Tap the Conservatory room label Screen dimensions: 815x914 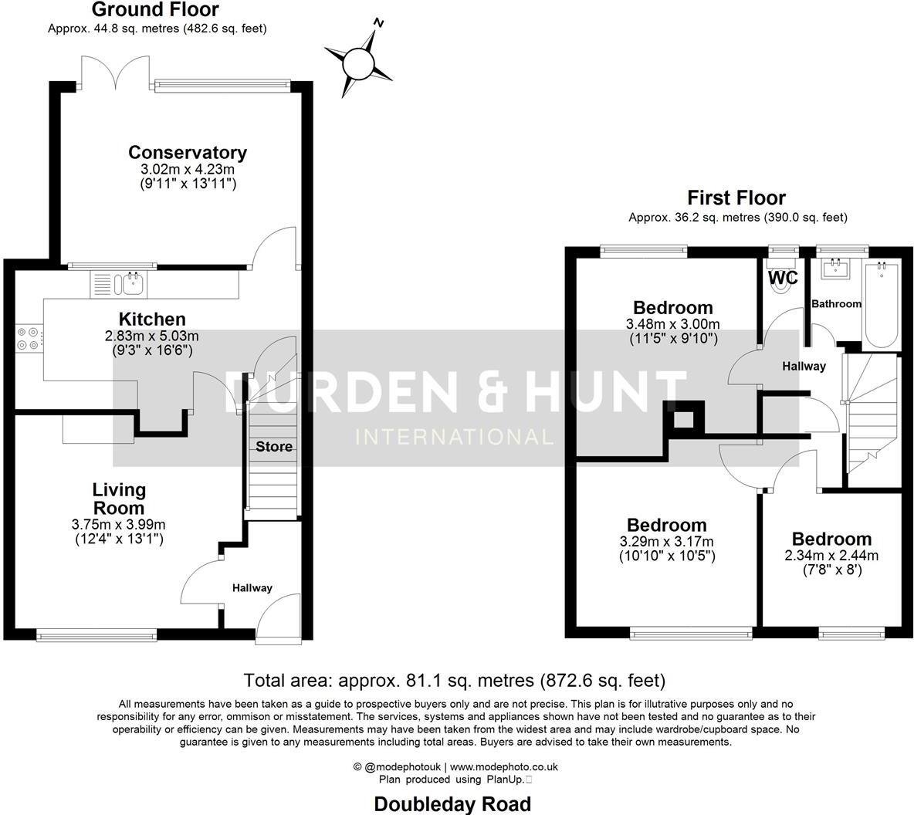pyautogui.click(x=188, y=152)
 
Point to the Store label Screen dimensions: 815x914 pyautogui.click(x=274, y=446)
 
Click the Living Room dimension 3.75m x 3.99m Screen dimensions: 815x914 pyautogui.click(x=118, y=524)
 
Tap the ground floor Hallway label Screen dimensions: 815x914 pyautogui.click(x=252, y=588)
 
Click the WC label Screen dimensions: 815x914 pyautogui.click(x=783, y=277)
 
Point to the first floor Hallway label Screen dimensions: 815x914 pyautogui.click(x=804, y=366)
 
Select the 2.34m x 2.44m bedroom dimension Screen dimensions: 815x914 pyautogui.click(x=831, y=555)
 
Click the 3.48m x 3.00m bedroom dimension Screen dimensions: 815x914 pyautogui.click(x=672, y=324)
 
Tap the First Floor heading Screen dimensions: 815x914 pyautogui.click(x=736, y=198)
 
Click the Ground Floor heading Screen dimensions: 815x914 pyautogui.click(x=155, y=10)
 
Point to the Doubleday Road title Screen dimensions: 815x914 pyautogui.click(x=452, y=804)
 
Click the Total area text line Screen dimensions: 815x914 pyautogui.click(x=454, y=681)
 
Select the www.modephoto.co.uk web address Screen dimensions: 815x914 pyautogui.click(x=504, y=767)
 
